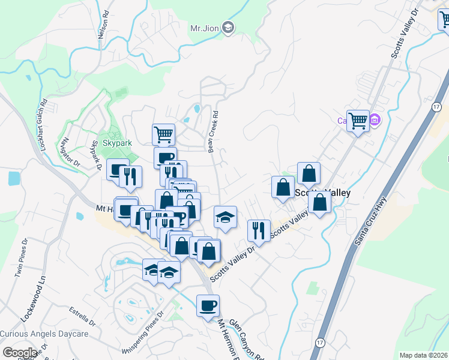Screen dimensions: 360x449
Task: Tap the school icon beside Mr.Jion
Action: tap(228, 27)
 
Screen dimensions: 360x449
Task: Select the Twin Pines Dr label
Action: tap(22, 259)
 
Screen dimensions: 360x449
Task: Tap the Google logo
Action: tap(20, 353)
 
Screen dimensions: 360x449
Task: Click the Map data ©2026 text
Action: tap(423, 355)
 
